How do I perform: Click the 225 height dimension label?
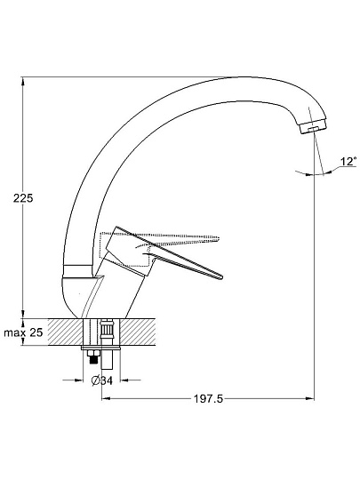pos(23,198)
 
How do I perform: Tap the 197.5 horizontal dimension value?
pos(209,398)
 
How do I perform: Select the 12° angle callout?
pos(348,161)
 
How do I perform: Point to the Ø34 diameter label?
pos(102,380)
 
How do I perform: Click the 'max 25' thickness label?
pos(23,332)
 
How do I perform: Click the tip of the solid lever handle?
pos(221,277)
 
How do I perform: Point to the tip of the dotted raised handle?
pos(218,238)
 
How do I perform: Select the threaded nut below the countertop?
pos(93,356)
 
